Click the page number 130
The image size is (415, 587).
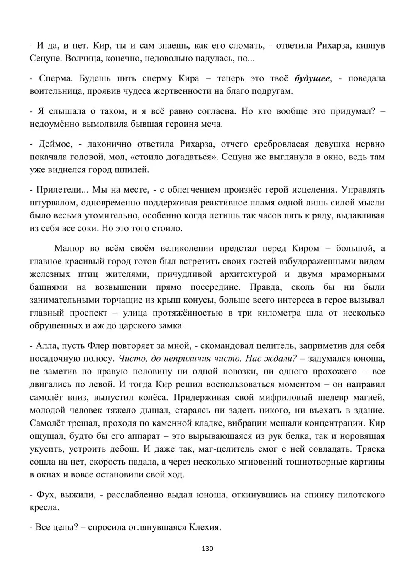207,549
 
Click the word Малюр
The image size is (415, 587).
69,248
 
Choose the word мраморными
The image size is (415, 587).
359,274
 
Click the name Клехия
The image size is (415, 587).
203,527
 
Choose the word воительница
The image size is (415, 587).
56,91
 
